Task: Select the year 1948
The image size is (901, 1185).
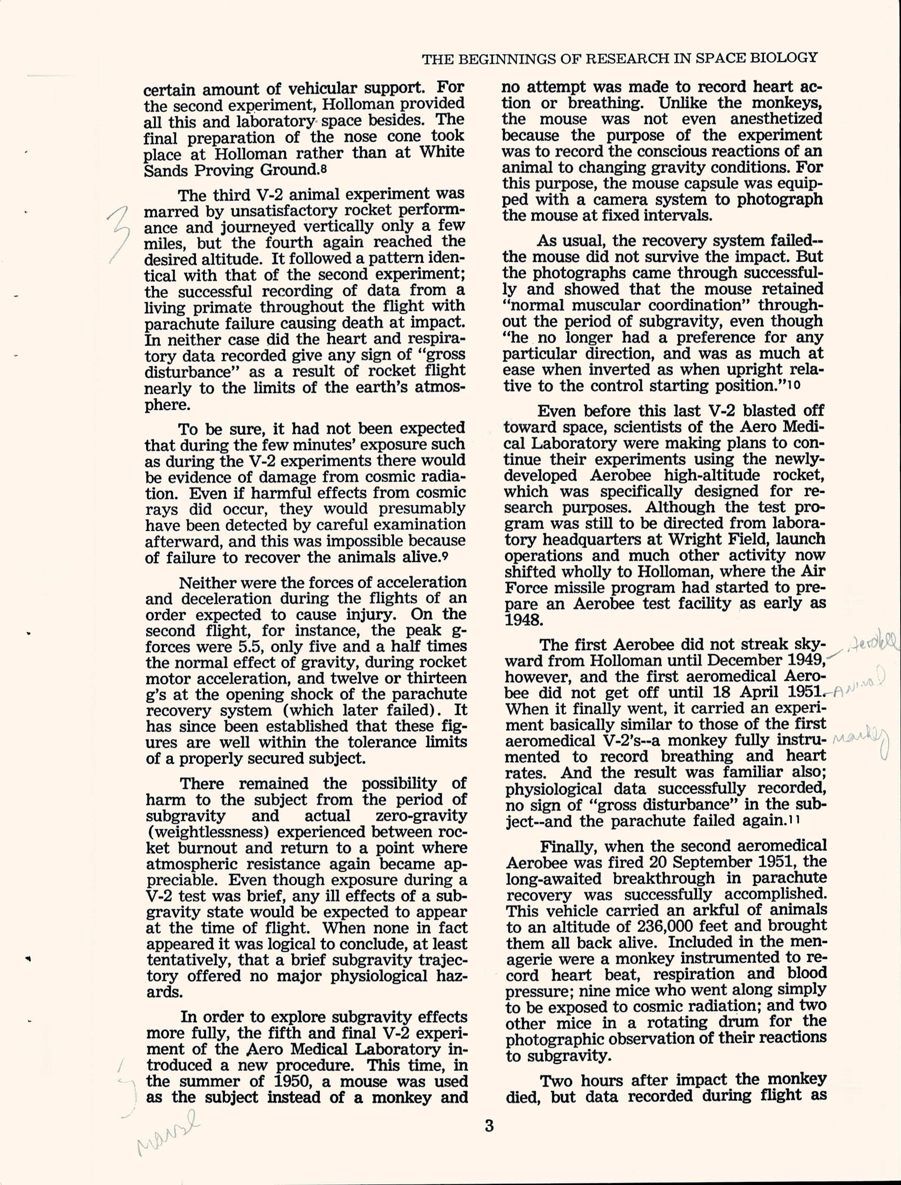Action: tap(523, 620)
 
